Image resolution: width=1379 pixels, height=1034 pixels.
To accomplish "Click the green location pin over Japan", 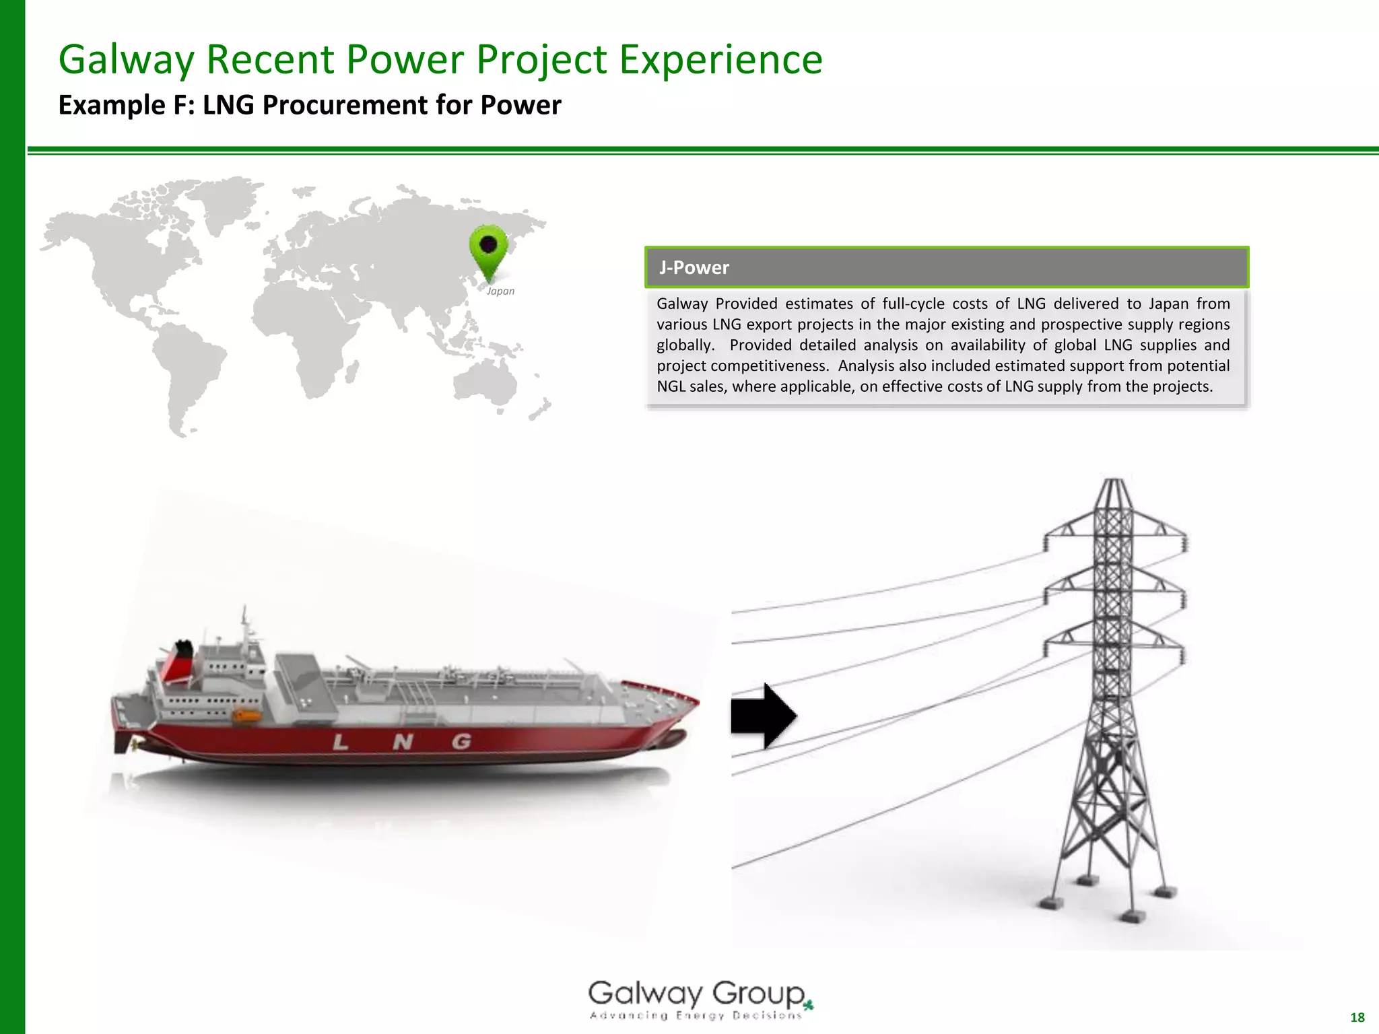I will click(x=488, y=249).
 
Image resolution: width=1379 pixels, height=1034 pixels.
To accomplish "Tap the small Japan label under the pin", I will click(x=500, y=291).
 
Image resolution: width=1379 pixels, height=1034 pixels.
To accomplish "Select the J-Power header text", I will click(x=694, y=268).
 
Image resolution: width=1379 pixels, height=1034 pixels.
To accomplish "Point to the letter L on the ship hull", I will click(x=341, y=743).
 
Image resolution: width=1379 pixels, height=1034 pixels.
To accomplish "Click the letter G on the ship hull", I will click(x=461, y=741).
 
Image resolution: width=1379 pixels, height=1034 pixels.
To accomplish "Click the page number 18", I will click(x=1357, y=1017).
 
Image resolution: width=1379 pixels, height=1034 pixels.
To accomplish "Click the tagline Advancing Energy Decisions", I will click(x=696, y=1016).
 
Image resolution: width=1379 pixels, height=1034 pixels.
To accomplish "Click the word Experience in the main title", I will click(x=720, y=59).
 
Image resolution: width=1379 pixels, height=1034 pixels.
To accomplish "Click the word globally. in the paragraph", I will click(x=685, y=345).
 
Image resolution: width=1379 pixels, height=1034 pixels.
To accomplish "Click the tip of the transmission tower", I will click(x=1114, y=481).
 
